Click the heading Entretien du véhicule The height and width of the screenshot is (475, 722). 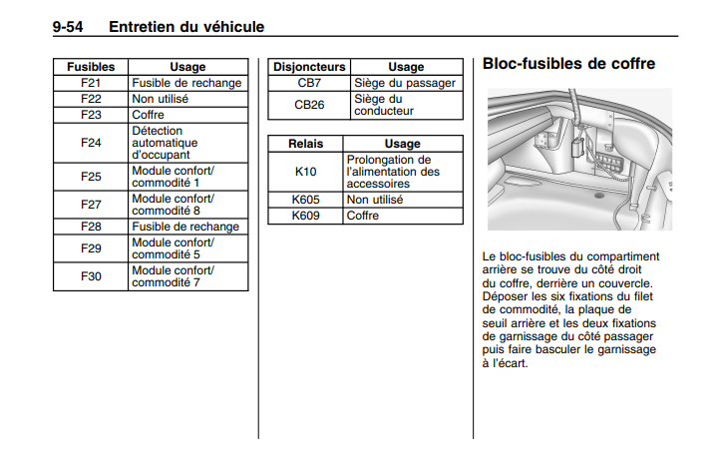(186, 27)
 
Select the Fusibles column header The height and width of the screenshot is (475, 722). (91, 67)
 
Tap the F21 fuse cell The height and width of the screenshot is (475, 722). (91, 83)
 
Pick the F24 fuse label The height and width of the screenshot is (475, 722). (91, 143)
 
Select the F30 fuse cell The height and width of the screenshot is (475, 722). (91, 276)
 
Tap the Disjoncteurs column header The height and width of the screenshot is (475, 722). (309, 67)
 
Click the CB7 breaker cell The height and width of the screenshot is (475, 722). (309, 83)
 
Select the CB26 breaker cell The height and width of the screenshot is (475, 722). (309, 105)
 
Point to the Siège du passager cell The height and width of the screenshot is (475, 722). (404, 83)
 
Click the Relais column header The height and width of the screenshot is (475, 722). (305, 144)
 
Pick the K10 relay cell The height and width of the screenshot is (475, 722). (305, 172)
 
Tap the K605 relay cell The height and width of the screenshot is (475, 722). (305, 200)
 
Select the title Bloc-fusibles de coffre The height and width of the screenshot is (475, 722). (568, 64)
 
